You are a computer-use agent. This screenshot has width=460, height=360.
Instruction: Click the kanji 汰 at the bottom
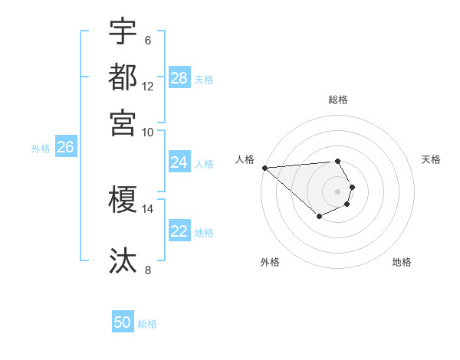click(123, 260)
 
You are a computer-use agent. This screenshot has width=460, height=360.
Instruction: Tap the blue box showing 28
click(179, 78)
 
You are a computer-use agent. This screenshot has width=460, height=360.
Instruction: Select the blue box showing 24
click(179, 162)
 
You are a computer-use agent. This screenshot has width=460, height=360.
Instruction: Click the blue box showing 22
click(179, 231)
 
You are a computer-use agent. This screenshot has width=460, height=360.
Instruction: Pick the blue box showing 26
click(66, 148)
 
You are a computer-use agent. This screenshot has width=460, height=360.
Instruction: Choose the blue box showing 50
click(123, 323)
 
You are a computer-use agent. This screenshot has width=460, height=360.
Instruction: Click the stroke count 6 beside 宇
click(148, 41)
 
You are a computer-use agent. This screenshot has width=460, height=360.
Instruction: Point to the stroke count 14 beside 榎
click(148, 208)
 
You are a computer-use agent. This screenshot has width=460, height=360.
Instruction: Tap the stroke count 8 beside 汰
click(148, 270)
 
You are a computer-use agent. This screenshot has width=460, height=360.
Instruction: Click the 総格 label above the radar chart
click(338, 100)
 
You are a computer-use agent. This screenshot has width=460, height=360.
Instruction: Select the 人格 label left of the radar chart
click(245, 159)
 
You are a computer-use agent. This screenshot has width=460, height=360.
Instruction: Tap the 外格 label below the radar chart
click(270, 262)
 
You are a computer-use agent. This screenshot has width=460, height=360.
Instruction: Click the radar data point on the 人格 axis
click(264, 168)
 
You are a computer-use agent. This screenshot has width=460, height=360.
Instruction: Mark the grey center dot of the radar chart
click(338, 191)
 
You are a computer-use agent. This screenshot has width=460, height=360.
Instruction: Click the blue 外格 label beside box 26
click(41, 149)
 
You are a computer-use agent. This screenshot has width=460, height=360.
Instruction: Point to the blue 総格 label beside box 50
click(147, 324)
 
